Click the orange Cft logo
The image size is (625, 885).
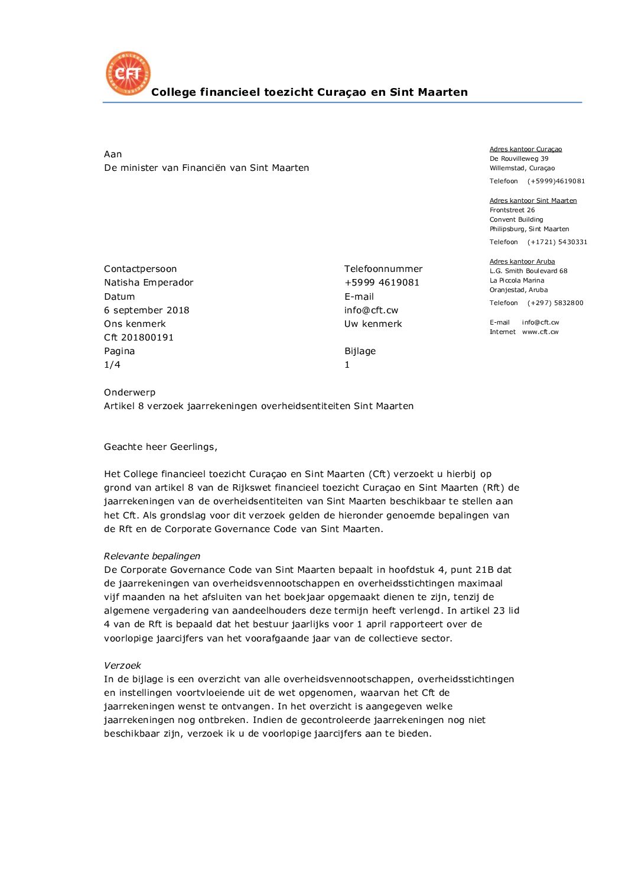[x=128, y=73]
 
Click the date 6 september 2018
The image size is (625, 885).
[x=147, y=310]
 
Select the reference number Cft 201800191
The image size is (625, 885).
[x=139, y=338]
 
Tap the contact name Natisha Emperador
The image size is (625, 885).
[x=149, y=283]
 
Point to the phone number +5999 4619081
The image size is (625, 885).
[x=382, y=283]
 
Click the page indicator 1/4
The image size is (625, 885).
[x=112, y=365]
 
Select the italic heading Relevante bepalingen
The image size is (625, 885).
[x=152, y=556]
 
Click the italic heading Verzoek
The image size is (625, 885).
[x=122, y=666]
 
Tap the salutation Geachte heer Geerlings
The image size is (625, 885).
[x=161, y=447]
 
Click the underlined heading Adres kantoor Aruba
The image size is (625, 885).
[x=522, y=261]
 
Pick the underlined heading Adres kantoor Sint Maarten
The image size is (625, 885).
[x=533, y=200]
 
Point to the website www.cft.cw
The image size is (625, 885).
[x=540, y=332]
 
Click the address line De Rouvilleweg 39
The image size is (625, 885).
[x=519, y=158]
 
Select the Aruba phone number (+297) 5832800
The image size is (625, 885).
[x=555, y=303]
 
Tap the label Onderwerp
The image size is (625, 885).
[x=129, y=393]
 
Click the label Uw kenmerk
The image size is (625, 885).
[x=373, y=324]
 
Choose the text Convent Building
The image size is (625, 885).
[x=516, y=219]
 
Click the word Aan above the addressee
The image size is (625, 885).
[x=113, y=154]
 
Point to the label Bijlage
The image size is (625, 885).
[x=360, y=351]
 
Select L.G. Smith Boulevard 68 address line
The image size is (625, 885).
[x=528, y=271]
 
